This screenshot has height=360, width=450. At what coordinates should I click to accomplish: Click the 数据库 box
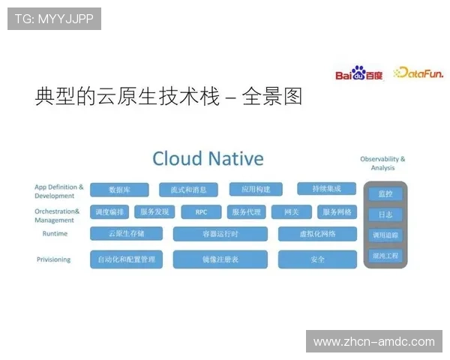point(119,190)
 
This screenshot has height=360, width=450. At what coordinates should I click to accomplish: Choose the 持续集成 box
point(326,188)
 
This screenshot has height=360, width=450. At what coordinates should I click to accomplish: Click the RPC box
point(201,212)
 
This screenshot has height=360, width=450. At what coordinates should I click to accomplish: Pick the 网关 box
point(291,212)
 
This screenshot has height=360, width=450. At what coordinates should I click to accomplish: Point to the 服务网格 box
point(337,212)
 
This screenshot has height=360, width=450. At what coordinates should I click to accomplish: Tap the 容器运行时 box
point(220,234)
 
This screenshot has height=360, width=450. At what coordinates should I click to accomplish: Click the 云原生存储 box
point(126,234)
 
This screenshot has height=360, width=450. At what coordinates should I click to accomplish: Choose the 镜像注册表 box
point(220,259)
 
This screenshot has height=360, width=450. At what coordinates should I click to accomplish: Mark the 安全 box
point(317,259)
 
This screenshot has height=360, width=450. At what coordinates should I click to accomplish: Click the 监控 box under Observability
point(385,194)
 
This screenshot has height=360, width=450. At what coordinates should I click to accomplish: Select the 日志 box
point(385,214)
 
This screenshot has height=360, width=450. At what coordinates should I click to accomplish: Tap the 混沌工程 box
point(385,256)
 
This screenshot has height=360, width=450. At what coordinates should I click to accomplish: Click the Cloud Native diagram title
point(208,158)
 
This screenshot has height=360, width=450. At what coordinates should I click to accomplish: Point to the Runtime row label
point(55,234)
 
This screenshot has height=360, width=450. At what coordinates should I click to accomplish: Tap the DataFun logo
point(418,73)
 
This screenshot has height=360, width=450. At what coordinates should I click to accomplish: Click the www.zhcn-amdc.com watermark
point(374,342)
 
